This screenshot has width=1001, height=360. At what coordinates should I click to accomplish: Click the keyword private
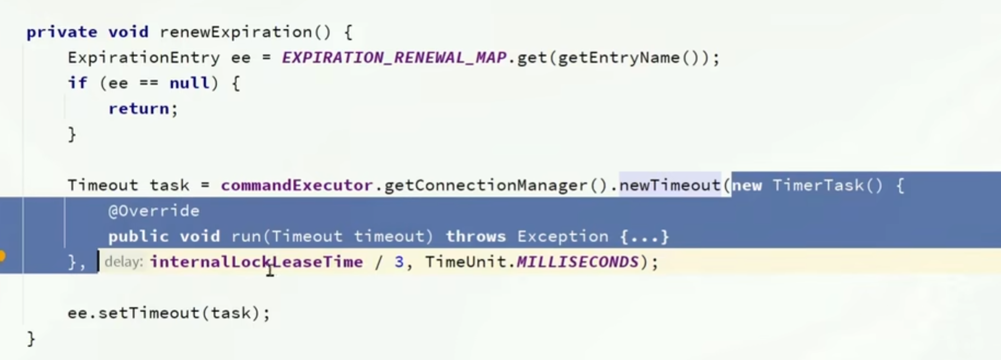click(x=61, y=32)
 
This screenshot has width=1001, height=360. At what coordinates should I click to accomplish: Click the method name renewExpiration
click(x=235, y=32)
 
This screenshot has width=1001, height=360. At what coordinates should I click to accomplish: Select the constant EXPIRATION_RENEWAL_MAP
click(x=394, y=57)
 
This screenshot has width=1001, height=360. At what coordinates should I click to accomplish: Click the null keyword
click(x=189, y=83)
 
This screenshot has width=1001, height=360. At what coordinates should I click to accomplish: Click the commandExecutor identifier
click(x=297, y=185)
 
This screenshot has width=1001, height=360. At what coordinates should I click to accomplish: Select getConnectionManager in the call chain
click(x=485, y=185)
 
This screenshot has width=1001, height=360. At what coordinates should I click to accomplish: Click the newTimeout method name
click(x=670, y=185)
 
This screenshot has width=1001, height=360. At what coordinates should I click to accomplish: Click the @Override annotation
click(x=154, y=211)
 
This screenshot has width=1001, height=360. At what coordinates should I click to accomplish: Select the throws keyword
click(x=476, y=236)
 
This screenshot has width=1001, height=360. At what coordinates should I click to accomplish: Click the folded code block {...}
click(x=645, y=236)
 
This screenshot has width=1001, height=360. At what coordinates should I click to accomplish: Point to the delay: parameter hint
click(x=124, y=262)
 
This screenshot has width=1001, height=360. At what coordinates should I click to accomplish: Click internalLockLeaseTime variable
click(x=256, y=262)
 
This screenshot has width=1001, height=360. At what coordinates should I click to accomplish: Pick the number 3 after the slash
click(x=399, y=262)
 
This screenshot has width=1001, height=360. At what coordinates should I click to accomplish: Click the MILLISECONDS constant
click(x=577, y=262)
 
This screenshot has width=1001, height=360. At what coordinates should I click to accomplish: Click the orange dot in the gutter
click(x=2, y=256)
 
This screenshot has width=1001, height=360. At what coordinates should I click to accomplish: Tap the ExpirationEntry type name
click(x=143, y=57)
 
